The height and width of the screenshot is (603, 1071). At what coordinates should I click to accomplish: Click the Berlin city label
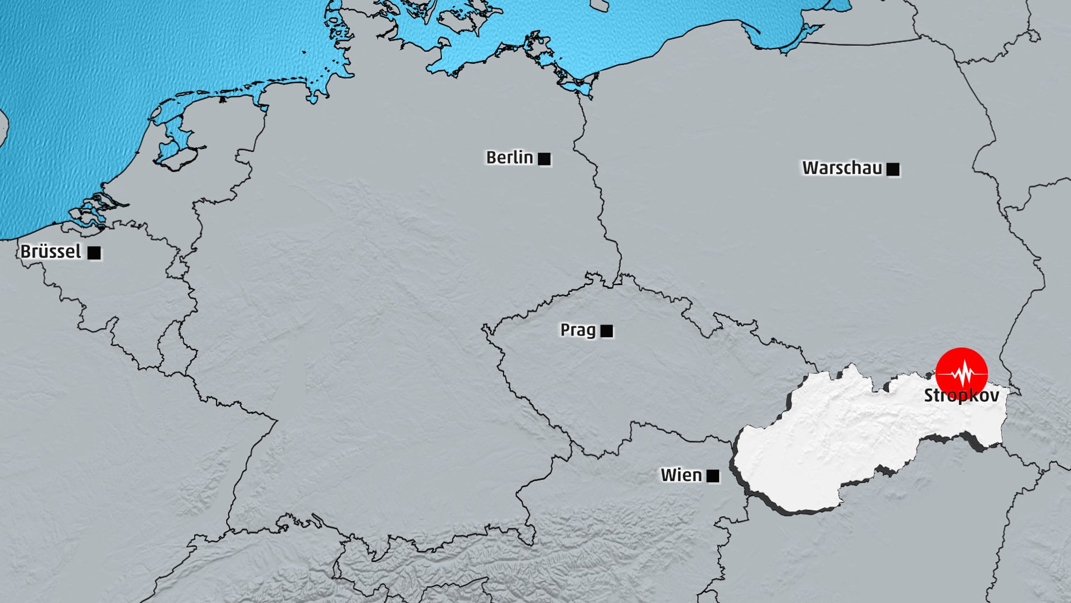509,158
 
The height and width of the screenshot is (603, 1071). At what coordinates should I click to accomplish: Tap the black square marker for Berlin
544,159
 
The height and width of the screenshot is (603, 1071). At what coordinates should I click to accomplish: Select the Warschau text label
842,168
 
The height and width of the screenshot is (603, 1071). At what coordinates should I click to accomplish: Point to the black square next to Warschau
893,169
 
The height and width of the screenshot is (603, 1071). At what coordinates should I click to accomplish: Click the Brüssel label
51,252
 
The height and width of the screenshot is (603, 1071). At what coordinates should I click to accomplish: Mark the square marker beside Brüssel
94,253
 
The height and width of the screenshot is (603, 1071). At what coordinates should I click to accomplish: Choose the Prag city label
578,330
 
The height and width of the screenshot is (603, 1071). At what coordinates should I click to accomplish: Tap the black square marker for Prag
607,331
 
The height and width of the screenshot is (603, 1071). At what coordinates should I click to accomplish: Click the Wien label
681,475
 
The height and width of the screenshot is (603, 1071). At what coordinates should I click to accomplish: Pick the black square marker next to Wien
713,476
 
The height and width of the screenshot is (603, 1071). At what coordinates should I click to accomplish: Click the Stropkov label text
961,396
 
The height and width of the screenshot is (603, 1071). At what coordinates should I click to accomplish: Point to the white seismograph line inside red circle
962,372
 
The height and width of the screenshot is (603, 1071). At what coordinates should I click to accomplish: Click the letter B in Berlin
491,158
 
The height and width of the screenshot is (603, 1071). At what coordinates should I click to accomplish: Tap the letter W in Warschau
811,168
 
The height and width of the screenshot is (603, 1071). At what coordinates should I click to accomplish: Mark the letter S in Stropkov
929,396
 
